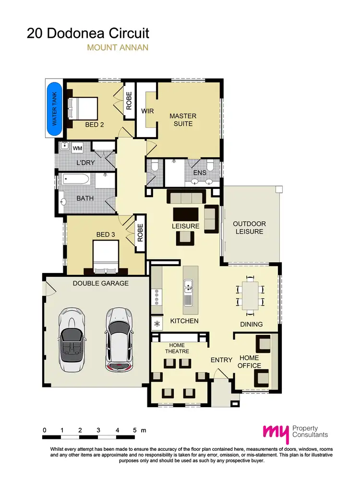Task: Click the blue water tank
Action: pyautogui.click(x=54, y=109)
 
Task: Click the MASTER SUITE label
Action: pyautogui.click(x=183, y=120)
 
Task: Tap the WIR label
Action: pyautogui.click(x=147, y=111)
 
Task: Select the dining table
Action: pyautogui.click(x=250, y=295)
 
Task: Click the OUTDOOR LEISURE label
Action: pyautogui.click(x=249, y=227)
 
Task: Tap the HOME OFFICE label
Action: pyautogui.click(x=249, y=362)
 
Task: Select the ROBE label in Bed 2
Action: pyautogui.click(x=129, y=101)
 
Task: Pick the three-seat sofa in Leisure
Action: pyautogui.click(x=186, y=197)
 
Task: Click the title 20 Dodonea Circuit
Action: pyautogui.click(x=88, y=33)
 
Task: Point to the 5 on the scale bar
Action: pyautogui.click(x=135, y=430)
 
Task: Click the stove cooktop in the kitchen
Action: pyautogui.click(x=156, y=298)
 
